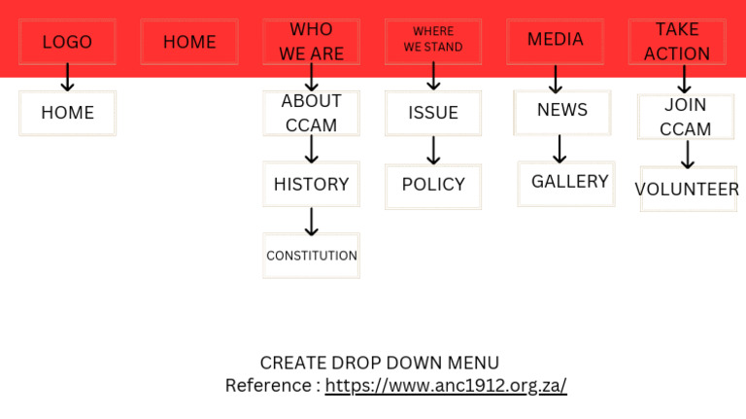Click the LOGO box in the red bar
point(67,42)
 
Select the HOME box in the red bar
point(189,42)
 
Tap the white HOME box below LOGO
point(67,113)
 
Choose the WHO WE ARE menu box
point(311,42)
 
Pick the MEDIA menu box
point(556,41)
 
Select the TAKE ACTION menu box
point(677,42)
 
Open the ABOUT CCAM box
point(311,113)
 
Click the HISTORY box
point(311,184)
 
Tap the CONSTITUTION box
point(311,256)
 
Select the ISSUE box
point(433,113)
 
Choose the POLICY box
point(433,185)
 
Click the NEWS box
point(562,111)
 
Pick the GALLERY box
point(567,182)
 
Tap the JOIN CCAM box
point(686,117)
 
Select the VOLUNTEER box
point(688,189)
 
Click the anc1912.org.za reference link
point(446,386)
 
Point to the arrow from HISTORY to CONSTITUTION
point(311,221)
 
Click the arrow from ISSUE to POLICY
point(433,150)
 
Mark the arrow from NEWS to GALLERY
point(559,148)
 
